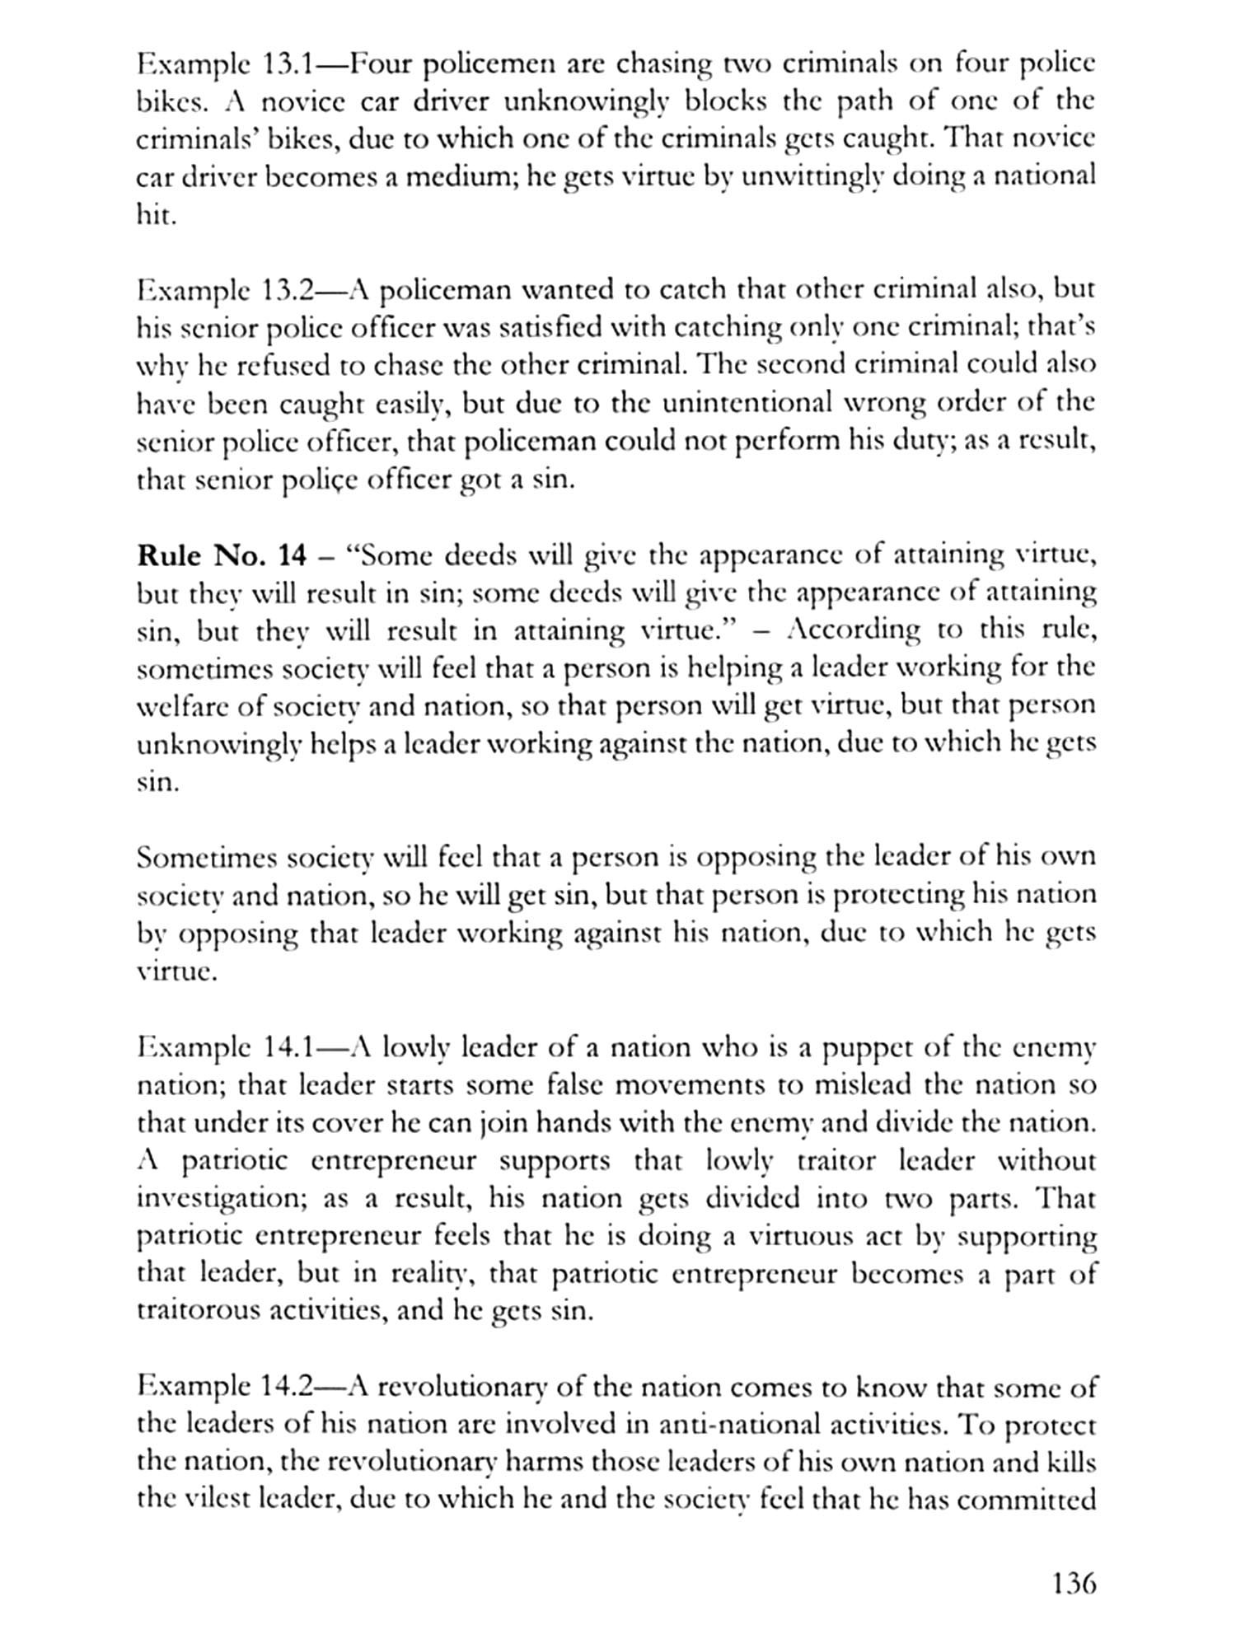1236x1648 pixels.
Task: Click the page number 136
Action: pyautogui.click(x=1074, y=1583)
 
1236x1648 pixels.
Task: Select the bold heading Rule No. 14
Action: pyautogui.click(x=220, y=555)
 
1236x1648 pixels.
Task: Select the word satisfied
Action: pyautogui.click(x=546, y=328)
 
